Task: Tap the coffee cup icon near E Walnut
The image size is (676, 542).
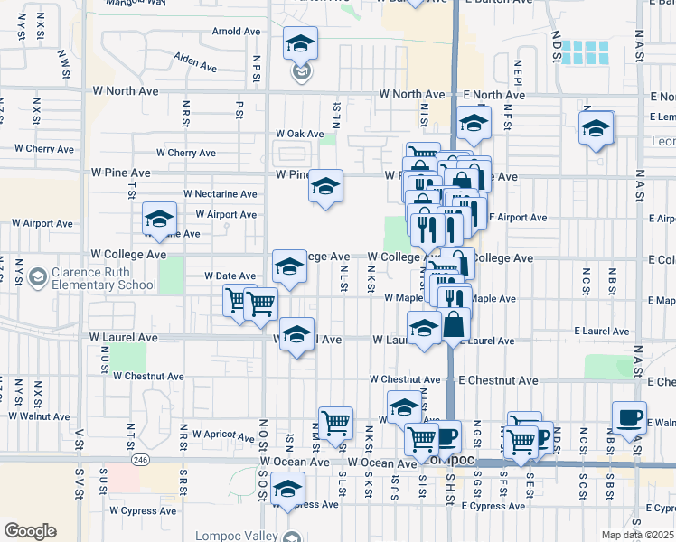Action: coord(629,417)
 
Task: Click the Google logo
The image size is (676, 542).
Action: coord(30,531)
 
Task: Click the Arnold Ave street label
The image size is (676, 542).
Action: coord(236,31)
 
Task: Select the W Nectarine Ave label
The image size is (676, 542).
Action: coord(220,193)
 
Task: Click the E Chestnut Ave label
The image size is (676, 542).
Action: coord(498,380)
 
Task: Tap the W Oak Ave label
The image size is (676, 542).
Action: coord(299,134)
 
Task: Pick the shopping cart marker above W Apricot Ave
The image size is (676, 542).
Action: coord(335,422)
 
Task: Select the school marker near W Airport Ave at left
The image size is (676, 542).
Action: coord(159,220)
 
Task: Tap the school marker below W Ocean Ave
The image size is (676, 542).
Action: coord(287,491)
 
